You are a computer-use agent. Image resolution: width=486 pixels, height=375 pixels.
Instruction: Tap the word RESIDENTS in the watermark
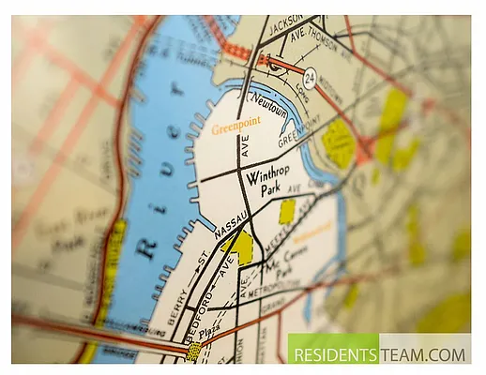pyautogui.click(x=333, y=355)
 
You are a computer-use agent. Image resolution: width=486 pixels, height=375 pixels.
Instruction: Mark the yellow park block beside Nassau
pyautogui.click(x=241, y=247)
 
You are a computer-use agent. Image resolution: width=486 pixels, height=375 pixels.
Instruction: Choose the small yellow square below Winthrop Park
pyautogui.click(x=287, y=212)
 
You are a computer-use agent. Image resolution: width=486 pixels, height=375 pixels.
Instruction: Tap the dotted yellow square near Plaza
pyautogui.click(x=194, y=351)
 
